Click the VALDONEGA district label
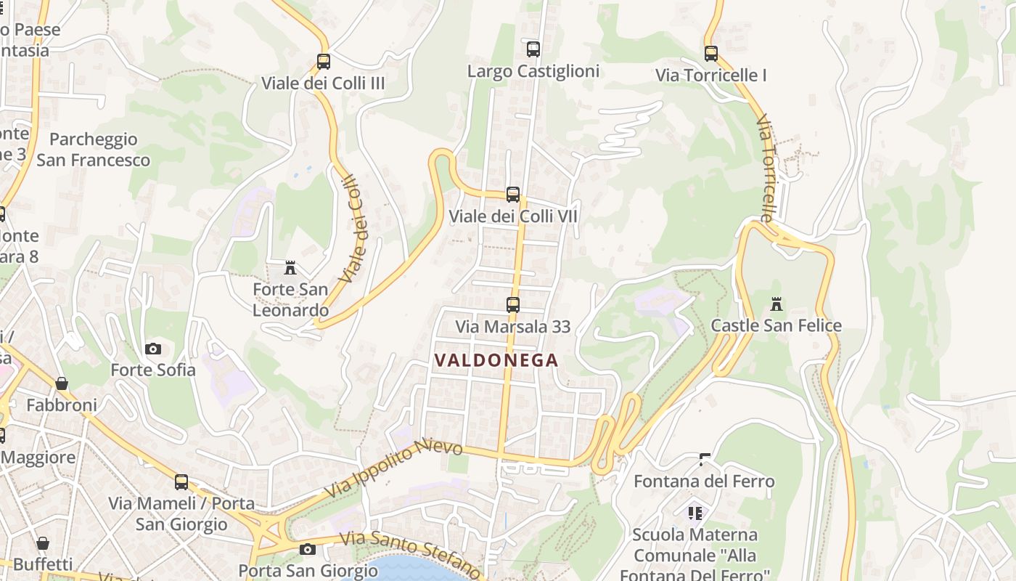point(496,360)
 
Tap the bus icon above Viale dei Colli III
point(324,62)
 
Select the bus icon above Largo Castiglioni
point(533,49)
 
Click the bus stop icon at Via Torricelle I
point(711,54)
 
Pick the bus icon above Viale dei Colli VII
point(513,195)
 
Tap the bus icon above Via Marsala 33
point(513,305)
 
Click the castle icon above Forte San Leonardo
point(290,268)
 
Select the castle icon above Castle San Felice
point(777,304)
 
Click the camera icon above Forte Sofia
point(153,349)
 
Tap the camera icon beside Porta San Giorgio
point(308,549)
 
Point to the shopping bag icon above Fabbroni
point(62,383)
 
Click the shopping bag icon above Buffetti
point(43,543)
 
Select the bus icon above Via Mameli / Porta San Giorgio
point(181,482)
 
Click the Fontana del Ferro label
point(704,482)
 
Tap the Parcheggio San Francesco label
point(94,150)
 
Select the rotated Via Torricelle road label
point(767,167)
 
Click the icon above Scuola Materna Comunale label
point(695,513)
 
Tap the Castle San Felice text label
point(776,325)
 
